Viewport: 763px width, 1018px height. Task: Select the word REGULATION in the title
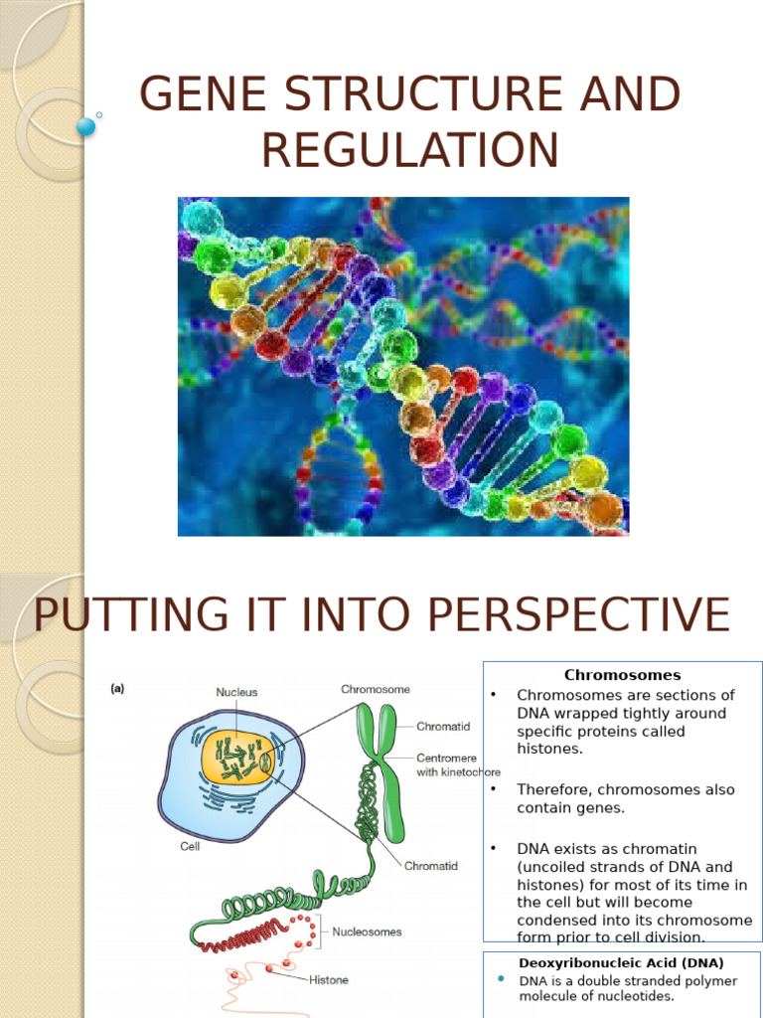[409, 150]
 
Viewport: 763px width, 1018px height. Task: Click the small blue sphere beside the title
[85, 126]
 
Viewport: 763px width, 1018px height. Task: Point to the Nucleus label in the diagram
[236, 692]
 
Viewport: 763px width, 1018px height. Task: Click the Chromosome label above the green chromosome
[376, 688]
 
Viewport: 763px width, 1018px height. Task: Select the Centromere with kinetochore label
[458, 764]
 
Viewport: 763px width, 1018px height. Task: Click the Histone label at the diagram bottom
[328, 980]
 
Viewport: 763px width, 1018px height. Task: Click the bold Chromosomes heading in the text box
[622, 675]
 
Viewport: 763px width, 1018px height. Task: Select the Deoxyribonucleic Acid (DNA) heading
[621, 962]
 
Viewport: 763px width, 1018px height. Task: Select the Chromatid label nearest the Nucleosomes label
[430, 866]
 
